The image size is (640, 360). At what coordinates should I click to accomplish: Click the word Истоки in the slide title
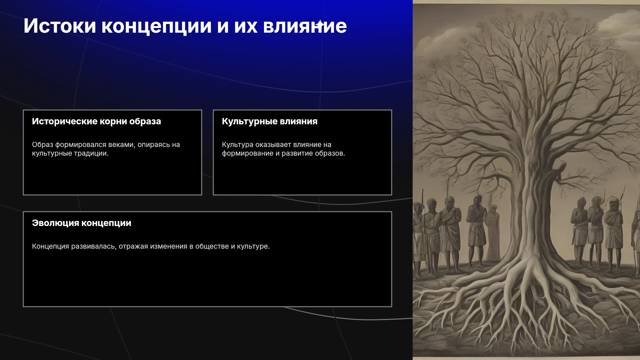(60, 26)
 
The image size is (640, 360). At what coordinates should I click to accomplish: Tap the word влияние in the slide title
(305, 26)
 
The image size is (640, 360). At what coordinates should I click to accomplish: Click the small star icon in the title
(320, 24)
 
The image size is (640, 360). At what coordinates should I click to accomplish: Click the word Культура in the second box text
(238, 145)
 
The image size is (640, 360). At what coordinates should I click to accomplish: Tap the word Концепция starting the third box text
(50, 247)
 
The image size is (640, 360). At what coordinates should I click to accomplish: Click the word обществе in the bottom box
(212, 246)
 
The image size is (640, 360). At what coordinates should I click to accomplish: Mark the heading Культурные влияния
(270, 122)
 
